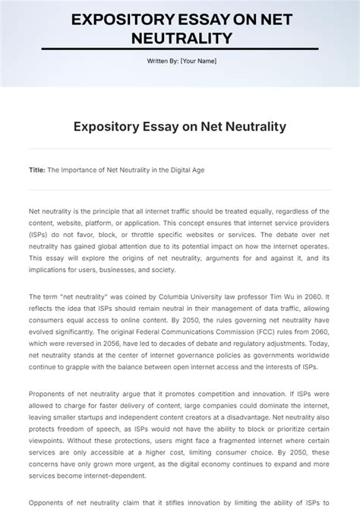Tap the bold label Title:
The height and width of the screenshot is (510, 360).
[37, 170]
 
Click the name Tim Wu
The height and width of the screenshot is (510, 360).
[294, 296]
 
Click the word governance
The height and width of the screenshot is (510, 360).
[168, 356]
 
